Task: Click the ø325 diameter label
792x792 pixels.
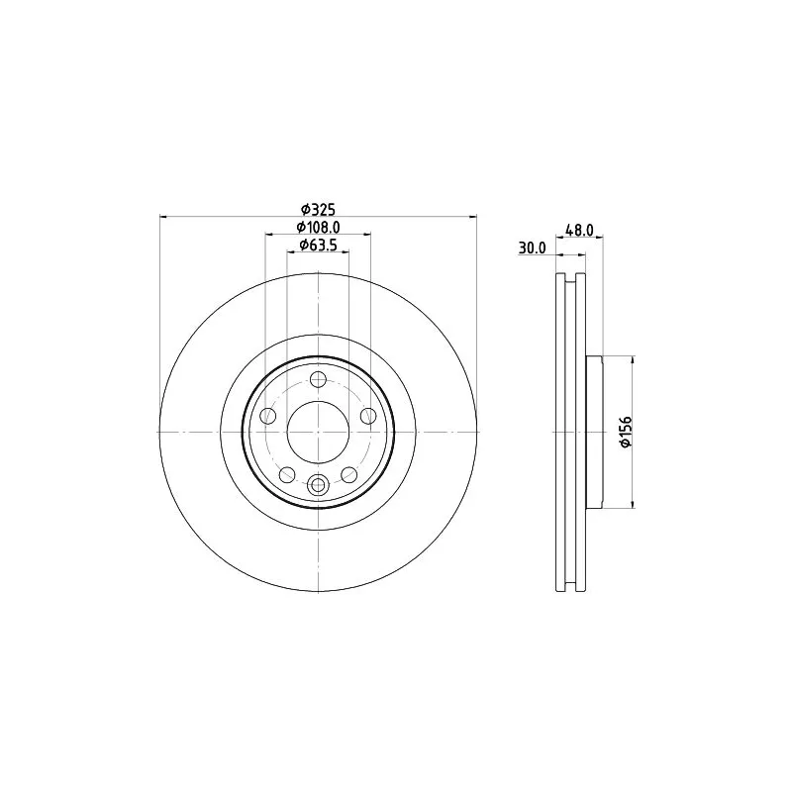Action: click(318, 209)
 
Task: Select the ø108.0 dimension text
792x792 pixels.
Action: click(318, 228)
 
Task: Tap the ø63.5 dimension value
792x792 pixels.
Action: click(318, 245)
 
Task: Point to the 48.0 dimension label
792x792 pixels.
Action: click(579, 231)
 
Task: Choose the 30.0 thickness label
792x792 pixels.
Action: click(533, 248)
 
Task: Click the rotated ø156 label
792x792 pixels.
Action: click(626, 432)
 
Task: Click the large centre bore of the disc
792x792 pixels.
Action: click(318, 432)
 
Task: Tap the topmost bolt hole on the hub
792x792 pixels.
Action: click(318, 379)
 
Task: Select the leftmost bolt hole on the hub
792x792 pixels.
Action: click(267, 416)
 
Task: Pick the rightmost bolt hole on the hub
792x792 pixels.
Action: click(368, 416)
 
